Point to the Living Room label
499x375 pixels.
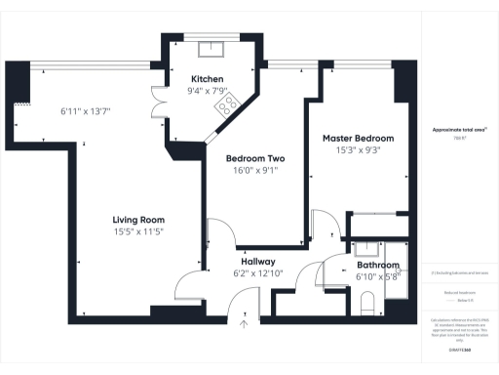tap(138, 220)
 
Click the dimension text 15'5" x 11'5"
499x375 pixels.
tap(138, 232)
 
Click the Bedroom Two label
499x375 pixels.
tap(255, 157)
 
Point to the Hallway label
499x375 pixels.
tap(258, 262)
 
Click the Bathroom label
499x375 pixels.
tap(377, 265)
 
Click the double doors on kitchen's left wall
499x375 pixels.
tap(155, 99)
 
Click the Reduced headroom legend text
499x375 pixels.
tap(459, 292)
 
